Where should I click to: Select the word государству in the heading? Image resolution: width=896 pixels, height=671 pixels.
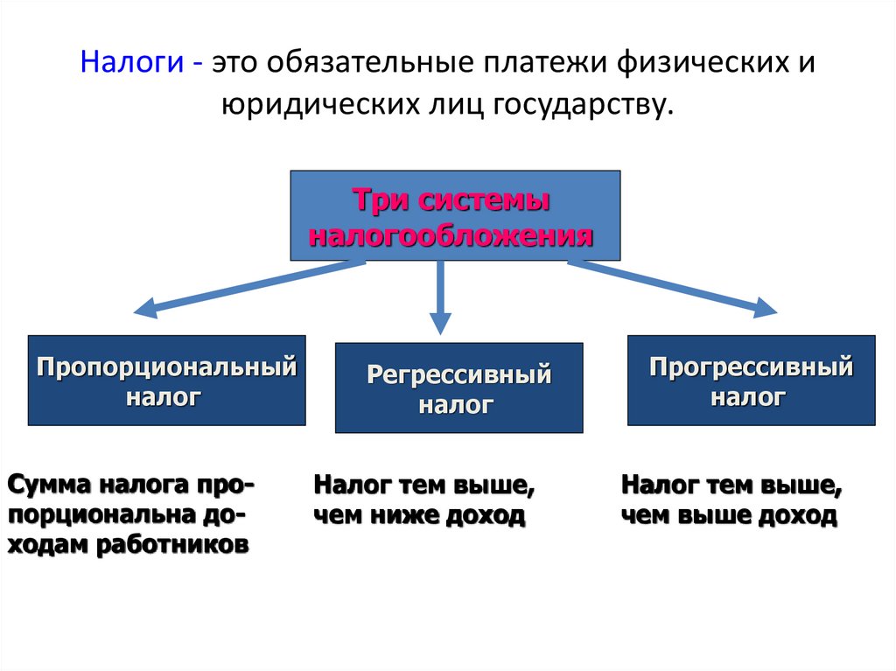584,105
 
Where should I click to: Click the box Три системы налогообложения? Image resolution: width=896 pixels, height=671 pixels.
455,215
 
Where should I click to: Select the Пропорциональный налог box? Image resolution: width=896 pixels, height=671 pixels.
166,380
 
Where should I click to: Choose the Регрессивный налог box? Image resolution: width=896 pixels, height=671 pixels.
458,388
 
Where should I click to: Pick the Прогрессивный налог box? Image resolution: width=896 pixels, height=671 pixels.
751,380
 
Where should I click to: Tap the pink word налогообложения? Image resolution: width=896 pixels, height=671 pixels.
452,234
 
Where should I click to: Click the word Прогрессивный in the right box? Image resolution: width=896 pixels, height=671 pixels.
751,367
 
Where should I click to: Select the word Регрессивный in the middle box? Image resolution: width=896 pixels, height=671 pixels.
458,375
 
